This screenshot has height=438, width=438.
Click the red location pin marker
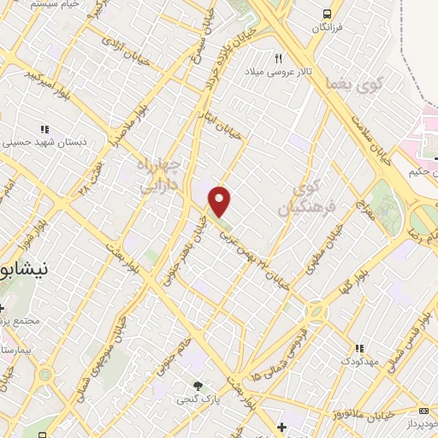[220, 201]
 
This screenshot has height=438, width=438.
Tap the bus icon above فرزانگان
[326, 14]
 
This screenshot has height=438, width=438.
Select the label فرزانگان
[326, 29]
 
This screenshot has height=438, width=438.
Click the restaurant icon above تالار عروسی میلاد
[278, 58]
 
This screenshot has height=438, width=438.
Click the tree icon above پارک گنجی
[198, 386]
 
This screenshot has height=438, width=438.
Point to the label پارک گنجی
[196, 400]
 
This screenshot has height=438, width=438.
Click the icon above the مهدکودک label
[360, 348]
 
